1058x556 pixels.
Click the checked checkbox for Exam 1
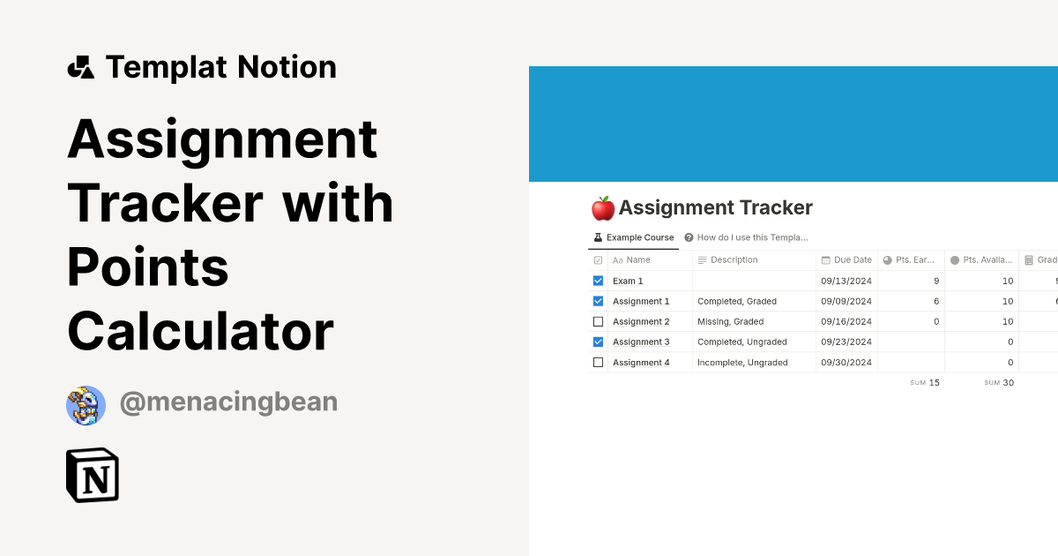click(x=598, y=281)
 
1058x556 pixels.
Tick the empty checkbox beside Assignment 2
click(x=598, y=321)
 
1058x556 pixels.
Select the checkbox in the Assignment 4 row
click(x=598, y=362)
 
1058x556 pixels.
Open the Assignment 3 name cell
click(x=641, y=342)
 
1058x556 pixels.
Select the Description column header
click(x=727, y=259)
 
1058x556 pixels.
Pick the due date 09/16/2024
click(x=846, y=321)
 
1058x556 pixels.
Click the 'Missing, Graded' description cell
click(x=730, y=321)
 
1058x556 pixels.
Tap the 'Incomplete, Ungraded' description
click(x=742, y=362)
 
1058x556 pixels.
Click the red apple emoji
click(x=603, y=208)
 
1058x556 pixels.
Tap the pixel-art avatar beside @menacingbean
click(x=86, y=405)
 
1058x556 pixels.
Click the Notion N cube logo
click(x=93, y=476)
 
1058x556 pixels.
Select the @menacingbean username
click(x=228, y=402)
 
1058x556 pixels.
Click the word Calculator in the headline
click(x=200, y=331)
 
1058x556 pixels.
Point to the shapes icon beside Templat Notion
click(x=81, y=67)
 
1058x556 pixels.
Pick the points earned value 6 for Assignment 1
click(x=935, y=301)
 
